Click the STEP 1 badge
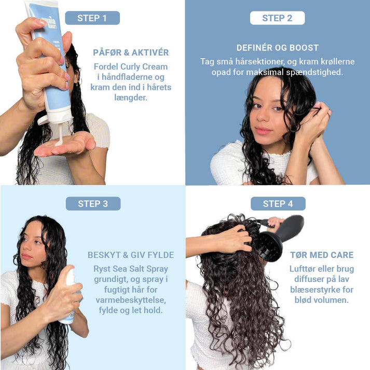point(92,18)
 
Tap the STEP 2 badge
point(277,18)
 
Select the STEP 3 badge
point(93,203)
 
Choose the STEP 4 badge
point(278,203)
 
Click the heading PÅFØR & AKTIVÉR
point(131,52)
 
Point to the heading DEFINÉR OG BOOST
point(278,48)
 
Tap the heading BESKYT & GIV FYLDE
point(131,255)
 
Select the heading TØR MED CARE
point(322,255)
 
